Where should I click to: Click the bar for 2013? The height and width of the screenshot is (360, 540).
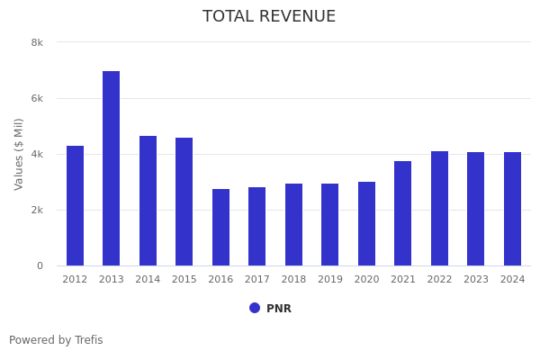point(111,168)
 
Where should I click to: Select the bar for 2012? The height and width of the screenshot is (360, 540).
point(75,205)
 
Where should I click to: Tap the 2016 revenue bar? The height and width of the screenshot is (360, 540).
point(220,227)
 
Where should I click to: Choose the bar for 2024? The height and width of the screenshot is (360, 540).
point(512,209)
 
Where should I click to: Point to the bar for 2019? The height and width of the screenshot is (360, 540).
point(330,224)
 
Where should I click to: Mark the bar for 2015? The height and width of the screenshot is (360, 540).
point(184,202)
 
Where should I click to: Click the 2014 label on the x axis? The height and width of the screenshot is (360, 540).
point(148,280)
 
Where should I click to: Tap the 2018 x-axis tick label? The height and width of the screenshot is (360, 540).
point(293,280)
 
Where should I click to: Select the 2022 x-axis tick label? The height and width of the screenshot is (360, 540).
point(439,280)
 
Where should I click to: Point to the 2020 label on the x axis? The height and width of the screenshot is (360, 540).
point(366,280)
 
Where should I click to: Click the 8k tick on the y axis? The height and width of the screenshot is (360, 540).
point(37,42)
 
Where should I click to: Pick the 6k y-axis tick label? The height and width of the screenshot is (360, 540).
point(37,98)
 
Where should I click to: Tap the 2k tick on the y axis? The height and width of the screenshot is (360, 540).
point(37,210)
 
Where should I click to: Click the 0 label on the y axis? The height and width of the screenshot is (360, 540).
point(40,265)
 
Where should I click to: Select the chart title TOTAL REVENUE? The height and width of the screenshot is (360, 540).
point(269,17)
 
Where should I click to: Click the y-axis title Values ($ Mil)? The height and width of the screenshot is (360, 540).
point(19,154)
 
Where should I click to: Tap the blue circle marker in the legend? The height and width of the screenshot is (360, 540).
point(255,308)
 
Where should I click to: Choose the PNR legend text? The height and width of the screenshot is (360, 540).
point(279,309)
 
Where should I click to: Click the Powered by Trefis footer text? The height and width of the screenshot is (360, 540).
point(56,340)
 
